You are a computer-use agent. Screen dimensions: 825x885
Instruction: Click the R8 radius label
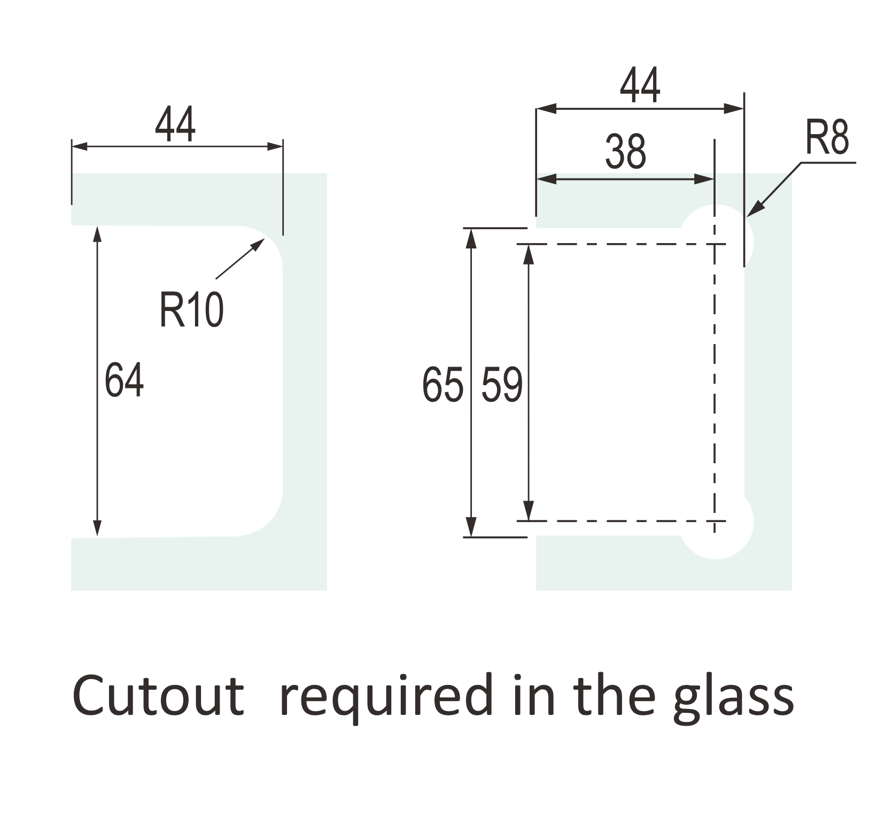click(826, 138)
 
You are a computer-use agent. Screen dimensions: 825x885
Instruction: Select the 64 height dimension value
click(124, 380)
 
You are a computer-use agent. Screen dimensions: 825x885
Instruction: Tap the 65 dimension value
click(442, 385)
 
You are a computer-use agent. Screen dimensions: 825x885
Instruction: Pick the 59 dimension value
click(501, 385)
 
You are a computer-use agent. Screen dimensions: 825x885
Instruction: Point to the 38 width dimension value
click(625, 152)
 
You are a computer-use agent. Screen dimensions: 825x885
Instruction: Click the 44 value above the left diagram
click(175, 124)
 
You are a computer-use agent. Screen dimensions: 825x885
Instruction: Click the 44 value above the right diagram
click(640, 85)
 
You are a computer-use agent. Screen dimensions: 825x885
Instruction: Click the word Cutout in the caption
click(158, 696)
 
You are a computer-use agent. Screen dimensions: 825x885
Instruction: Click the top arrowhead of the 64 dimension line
click(97, 233)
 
